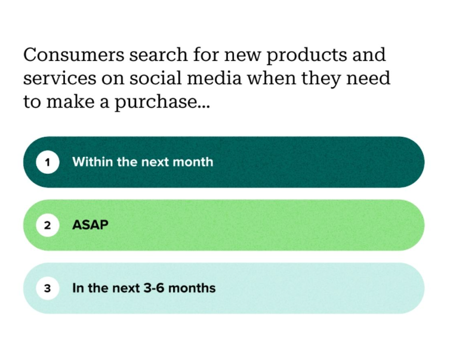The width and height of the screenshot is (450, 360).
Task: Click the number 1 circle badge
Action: (x=48, y=162)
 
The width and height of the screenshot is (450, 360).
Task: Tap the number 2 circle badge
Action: (x=48, y=226)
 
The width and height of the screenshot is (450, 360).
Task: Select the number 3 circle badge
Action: (x=48, y=289)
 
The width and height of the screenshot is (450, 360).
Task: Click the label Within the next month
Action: (x=143, y=162)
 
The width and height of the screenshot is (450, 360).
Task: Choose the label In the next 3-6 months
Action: (x=144, y=288)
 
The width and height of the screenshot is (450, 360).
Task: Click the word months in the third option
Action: (x=198, y=288)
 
